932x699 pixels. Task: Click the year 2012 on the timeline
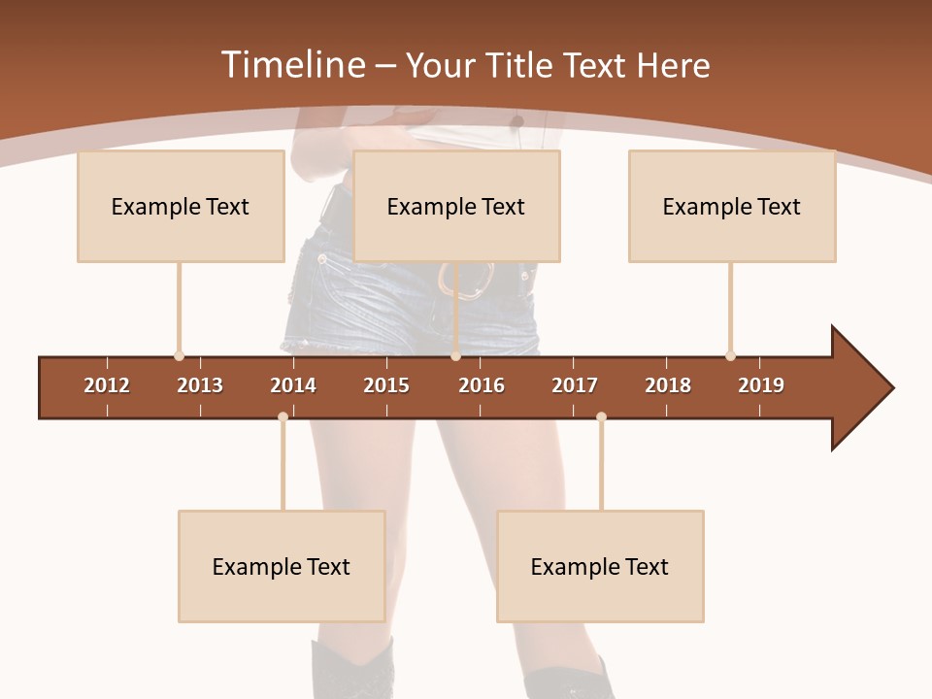point(107,385)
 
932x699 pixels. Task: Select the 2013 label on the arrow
point(200,385)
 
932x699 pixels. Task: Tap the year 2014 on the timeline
point(293,385)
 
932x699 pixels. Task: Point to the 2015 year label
point(386,385)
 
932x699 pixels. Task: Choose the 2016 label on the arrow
point(482,385)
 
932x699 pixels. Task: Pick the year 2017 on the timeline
point(575,385)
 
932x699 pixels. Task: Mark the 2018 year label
point(668,385)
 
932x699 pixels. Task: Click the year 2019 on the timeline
point(761,385)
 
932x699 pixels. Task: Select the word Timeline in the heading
point(291,65)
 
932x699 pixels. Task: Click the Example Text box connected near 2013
point(181,206)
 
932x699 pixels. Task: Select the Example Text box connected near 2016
point(456,206)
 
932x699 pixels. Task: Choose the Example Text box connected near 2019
point(732,206)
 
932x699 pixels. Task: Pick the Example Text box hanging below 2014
point(282,566)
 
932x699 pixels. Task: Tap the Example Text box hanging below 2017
point(600,566)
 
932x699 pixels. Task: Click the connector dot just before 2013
point(179,356)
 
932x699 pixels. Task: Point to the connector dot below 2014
point(283,416)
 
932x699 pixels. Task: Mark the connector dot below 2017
point(601,416)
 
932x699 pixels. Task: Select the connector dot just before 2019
point(730,356)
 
